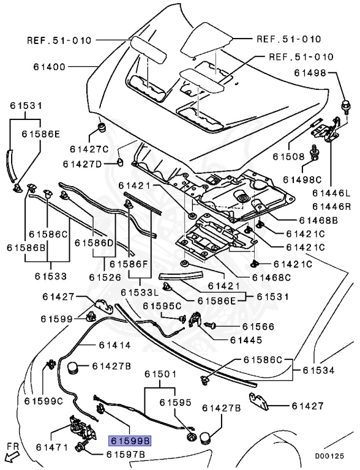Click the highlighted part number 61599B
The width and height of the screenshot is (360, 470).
click(130, 441)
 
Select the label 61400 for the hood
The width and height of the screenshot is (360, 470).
click(49, 67)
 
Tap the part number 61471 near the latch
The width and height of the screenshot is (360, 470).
click(52, 447)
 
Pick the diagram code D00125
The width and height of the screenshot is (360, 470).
click(329, 456)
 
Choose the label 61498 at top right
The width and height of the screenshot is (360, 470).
click(310, 73)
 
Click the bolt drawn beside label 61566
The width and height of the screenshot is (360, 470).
click(210, 324)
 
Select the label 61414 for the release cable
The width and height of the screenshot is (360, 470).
click(114, 345)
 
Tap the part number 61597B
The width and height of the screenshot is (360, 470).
click(126, 455)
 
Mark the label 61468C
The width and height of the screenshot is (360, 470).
click(271, 278)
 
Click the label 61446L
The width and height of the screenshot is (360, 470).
click(331, 193)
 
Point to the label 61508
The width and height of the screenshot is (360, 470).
click(288, 156)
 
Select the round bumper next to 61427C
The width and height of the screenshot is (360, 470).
click(103, 127)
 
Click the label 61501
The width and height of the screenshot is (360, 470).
click(160, 374)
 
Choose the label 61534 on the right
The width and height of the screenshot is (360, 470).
click(318, 370)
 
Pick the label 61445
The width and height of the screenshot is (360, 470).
click(246, 340)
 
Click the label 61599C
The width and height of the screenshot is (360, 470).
click(44, 401)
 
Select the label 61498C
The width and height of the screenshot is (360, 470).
click(302, 179)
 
